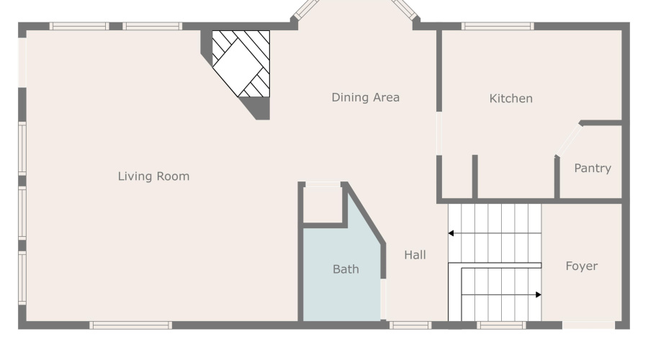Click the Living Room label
(x=153, y=176)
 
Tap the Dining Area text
(x=365, y=97)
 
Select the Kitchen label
(x=510, y=99)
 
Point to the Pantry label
(x=592, y=168)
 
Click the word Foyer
(x=580, y=266)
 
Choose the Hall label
(x=415, y=255)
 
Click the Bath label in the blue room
(x=346, y=270)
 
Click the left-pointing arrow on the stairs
(x=451, y=233)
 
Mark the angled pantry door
(x=568, y=140)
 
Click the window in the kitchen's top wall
(x=498, y=27)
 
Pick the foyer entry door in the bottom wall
(x=588, y=325)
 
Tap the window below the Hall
(x=410, y=325)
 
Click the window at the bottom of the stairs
(x=501, y=325)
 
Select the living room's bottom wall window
(x=131, y=325)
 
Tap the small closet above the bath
(x=323, y=205)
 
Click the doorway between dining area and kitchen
(x=438, y=133)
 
